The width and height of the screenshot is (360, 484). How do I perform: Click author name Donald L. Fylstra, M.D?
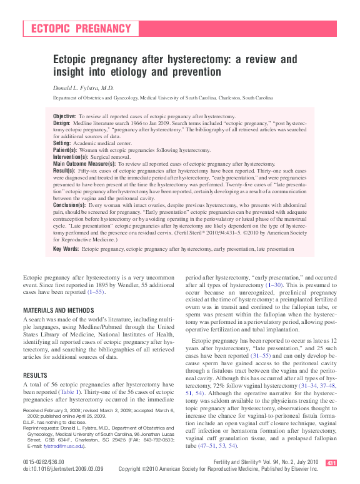tap(83, 88)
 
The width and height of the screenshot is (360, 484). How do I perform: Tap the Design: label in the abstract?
tap(62, 124)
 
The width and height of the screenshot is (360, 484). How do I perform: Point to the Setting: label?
tap(62, 143)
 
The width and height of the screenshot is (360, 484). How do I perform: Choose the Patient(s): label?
tap(65, 150)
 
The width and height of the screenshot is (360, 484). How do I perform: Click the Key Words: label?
tap(66, 248)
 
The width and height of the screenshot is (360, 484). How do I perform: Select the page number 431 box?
tap(331, 463)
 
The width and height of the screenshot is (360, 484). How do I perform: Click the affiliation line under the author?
tap(162, 98)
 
